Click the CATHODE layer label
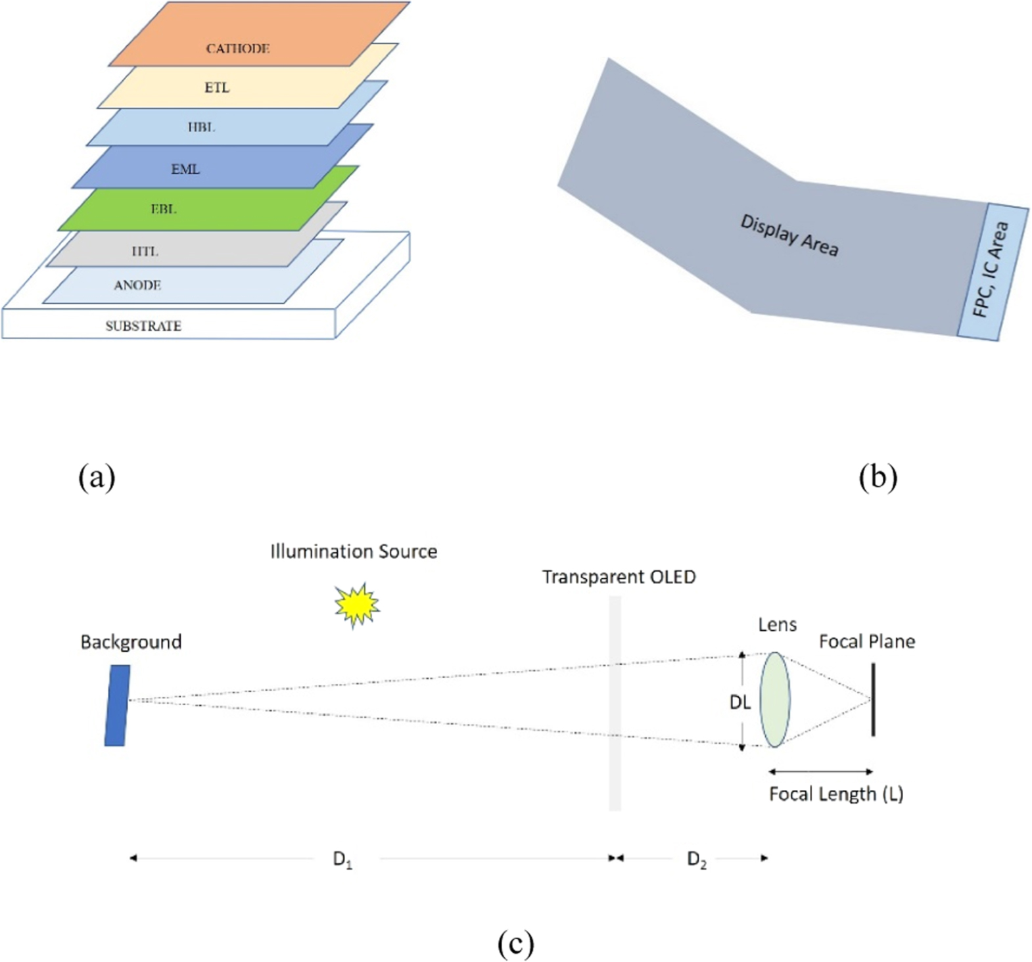[237, 49]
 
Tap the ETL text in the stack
[217, 88]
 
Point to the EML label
[185, 170]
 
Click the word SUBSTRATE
[143, 326]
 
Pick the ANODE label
[137, 285]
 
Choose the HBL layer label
[201, 127]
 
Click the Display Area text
[789, 235]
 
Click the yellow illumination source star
[357, 605]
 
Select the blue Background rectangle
[117, 705]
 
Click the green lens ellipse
[775, 700]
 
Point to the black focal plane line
[873, 700]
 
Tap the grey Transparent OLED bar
[615, 703]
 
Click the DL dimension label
[740, 702]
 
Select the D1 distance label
[342, 859]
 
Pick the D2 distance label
[697, 859]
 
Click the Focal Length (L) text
[835, 794]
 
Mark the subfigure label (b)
[878, 476]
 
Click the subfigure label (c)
[515, 944]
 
